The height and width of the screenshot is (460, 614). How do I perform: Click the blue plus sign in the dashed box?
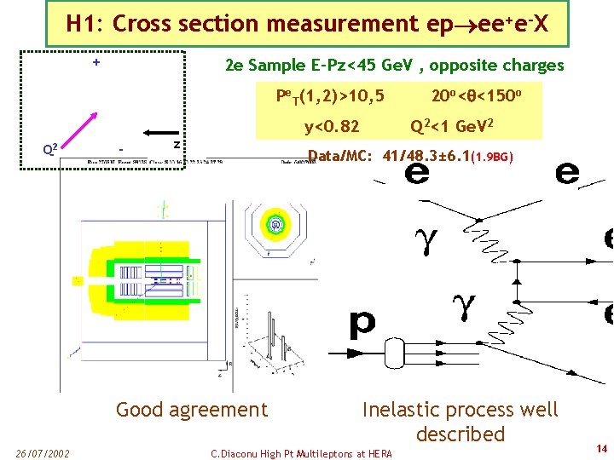96,62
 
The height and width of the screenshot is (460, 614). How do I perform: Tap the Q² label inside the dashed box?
50,149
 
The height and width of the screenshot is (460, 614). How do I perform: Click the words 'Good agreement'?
191,410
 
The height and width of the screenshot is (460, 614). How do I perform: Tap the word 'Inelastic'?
400,410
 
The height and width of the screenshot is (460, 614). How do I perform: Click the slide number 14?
601,448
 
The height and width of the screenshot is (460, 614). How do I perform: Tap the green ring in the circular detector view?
276,224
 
